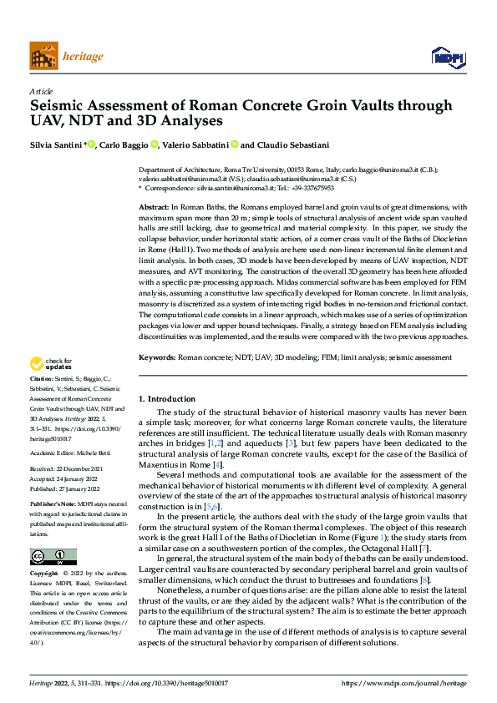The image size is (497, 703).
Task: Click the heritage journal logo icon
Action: click(43, 57)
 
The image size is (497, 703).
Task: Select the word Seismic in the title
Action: click(58, 106)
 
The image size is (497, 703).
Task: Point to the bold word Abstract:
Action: click(155, 205)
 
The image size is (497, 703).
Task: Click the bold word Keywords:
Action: click(157, 380)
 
